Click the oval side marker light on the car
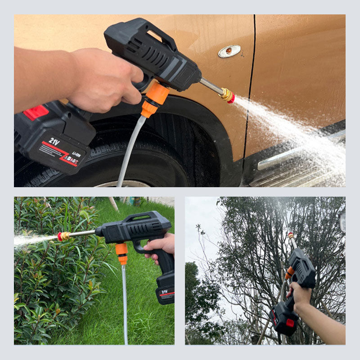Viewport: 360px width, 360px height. point(229,51)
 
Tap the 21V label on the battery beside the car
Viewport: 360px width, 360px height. point(54,141)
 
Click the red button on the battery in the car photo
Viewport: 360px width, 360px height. point(36,112)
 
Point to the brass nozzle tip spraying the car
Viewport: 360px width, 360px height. point(228,95)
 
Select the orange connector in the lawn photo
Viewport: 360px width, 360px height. point(121,253)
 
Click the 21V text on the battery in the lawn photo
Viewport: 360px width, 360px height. point(165,292)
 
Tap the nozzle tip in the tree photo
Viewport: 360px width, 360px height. point(291,235)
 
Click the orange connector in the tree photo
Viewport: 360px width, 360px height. point(290,272)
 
